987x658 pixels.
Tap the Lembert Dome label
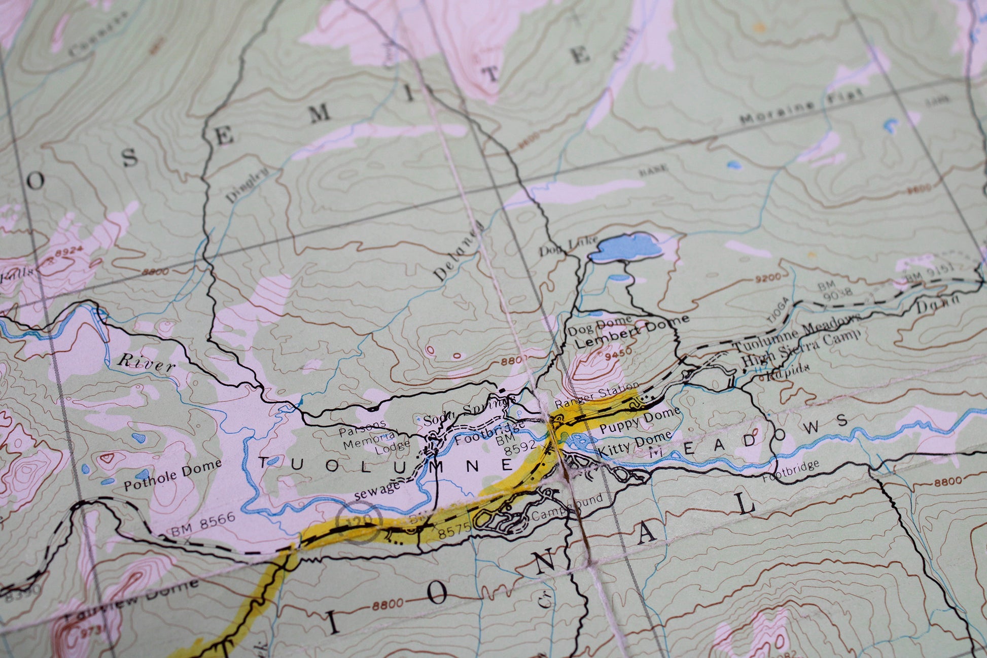[x=632, y=331]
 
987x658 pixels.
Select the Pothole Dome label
[x=173, y=474]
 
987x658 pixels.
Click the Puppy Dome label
[x=639, y=421]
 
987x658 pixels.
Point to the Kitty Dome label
[x=634, y=443]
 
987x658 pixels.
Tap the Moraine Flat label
[x=801, y=106]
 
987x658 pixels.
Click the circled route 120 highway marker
[x=359, y=522]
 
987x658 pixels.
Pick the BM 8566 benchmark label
[x=203, y=524]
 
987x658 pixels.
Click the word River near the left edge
[x=146, y=363]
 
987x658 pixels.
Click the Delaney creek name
[x=457, y=252]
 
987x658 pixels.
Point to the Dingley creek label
[x=246, y=185]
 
